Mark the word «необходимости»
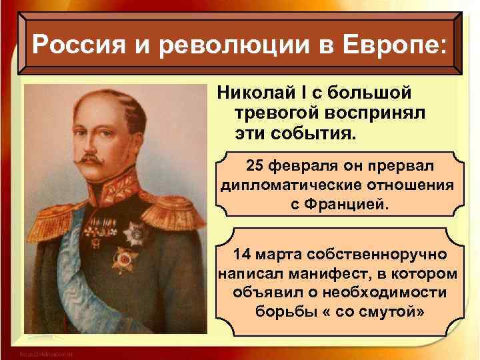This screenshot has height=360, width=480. (376, 293)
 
